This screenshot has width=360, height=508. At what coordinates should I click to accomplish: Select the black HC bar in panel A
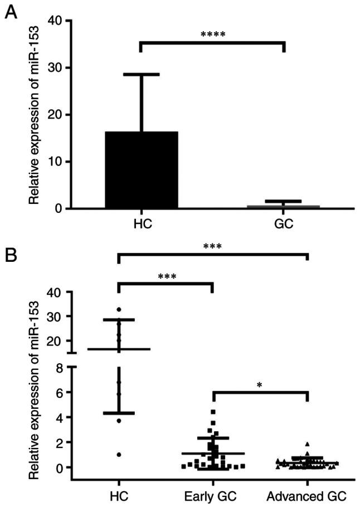[x=141, y=170]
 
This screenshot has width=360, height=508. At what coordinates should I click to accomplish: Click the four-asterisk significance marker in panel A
[x=213, y=35]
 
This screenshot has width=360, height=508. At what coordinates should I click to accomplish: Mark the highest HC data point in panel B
[x=119, y=309]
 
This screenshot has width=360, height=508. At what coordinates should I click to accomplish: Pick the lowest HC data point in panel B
[x=119, y=455]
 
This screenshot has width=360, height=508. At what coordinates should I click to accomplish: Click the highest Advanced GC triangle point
[x=307, y=444]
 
